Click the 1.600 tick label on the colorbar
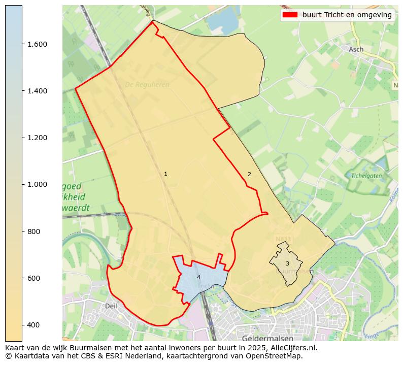tap(37, 44)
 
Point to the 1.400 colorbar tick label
tap(37, 91)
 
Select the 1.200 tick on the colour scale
tap(37, 138)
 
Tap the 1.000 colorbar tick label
tap(37, 184)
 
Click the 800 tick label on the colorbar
tap(33, 231)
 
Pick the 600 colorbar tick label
tap(33, 278)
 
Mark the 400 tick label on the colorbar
tap(33, 325)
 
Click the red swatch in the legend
tap(290, 15)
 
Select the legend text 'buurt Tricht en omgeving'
tap(347, 15)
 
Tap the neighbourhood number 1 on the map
tap(165, 174)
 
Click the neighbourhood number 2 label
tap(249, 175)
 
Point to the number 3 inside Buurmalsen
tap(287, 263)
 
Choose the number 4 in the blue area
tap(198, 277)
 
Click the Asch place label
tap(356, 49)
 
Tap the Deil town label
tap(111, 306)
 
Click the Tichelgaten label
tap(366, 176)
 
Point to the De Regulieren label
tap(147, 85)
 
